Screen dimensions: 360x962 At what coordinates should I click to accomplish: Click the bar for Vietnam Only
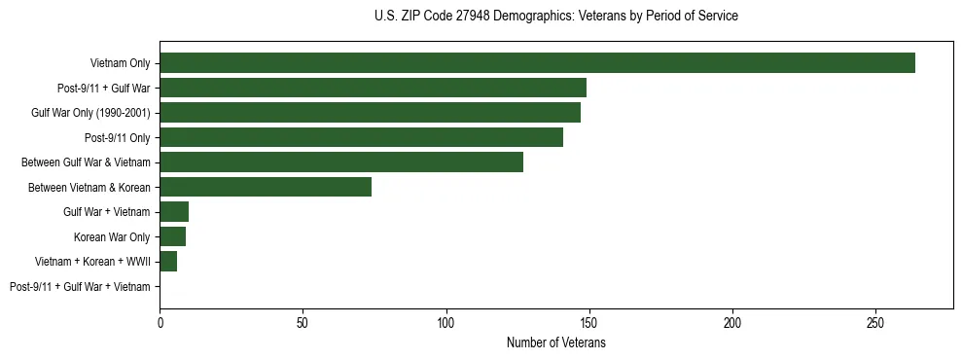[537, 63]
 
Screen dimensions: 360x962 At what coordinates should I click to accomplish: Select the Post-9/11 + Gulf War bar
[373, 88]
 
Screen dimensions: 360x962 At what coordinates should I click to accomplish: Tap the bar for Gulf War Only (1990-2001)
[370, 113]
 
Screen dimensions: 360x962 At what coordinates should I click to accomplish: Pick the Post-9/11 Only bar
[361, 137]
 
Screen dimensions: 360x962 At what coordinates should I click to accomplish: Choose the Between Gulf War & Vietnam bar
[341, 162]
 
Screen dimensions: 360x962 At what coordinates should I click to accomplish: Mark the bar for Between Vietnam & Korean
[266, 187]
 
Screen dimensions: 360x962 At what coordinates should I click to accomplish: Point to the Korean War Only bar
[172, 236]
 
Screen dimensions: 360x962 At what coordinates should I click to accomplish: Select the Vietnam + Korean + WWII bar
[168, 262]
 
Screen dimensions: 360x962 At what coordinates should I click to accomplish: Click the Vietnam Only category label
[120, 63]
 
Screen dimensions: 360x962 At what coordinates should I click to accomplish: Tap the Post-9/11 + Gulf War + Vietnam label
[80, 287]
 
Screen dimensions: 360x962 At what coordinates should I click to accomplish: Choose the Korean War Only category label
[112, 236]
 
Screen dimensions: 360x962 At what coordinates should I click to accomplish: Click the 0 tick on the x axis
[160, 321]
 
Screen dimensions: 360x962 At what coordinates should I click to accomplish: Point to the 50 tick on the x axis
[303, 321]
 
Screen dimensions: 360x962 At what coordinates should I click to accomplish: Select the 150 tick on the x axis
[589, 321]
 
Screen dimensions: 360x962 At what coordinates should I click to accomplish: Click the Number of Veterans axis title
[555, 342]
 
